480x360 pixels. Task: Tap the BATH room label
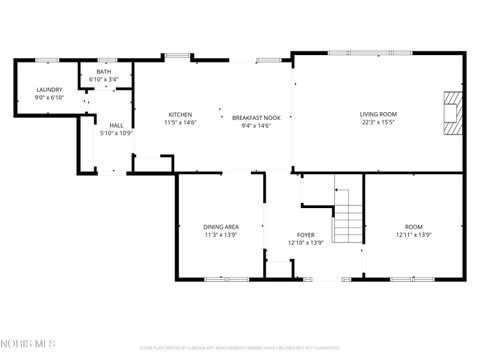(104, 72)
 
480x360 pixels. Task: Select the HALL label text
(116, 125)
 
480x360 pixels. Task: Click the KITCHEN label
(181, 115)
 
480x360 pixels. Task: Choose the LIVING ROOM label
(379, 114)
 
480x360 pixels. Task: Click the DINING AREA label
(221, 227)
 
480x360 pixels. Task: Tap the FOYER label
(306, 235)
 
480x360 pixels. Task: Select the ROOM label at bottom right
(414, 227)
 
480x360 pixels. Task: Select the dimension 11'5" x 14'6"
(181, 122)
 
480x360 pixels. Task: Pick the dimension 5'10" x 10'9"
(116, 133)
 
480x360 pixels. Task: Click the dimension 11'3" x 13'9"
(221, 235)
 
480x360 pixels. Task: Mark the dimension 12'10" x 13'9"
(306, 243)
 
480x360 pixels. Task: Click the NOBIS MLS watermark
(29, 345)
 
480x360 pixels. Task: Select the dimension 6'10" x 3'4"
(104, 80)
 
